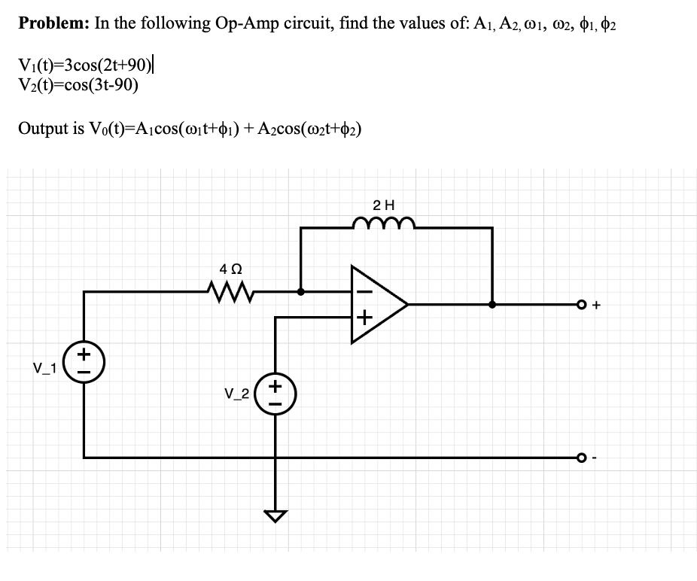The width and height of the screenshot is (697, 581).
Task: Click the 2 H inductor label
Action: coord(384,204)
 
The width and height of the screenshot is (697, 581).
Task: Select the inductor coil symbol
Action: coord(384,222)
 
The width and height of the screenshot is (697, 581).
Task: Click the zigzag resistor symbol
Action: coord(231,290)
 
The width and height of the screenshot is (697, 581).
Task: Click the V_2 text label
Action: coord(237,393)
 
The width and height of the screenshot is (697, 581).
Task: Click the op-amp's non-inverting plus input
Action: coord(364,318)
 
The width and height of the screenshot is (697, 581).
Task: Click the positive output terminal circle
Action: coord(580,305)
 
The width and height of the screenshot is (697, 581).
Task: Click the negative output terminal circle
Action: coord(580,457)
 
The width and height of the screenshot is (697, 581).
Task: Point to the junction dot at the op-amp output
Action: coord(492,305)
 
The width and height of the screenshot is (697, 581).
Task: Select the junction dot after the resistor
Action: coord(301,290)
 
